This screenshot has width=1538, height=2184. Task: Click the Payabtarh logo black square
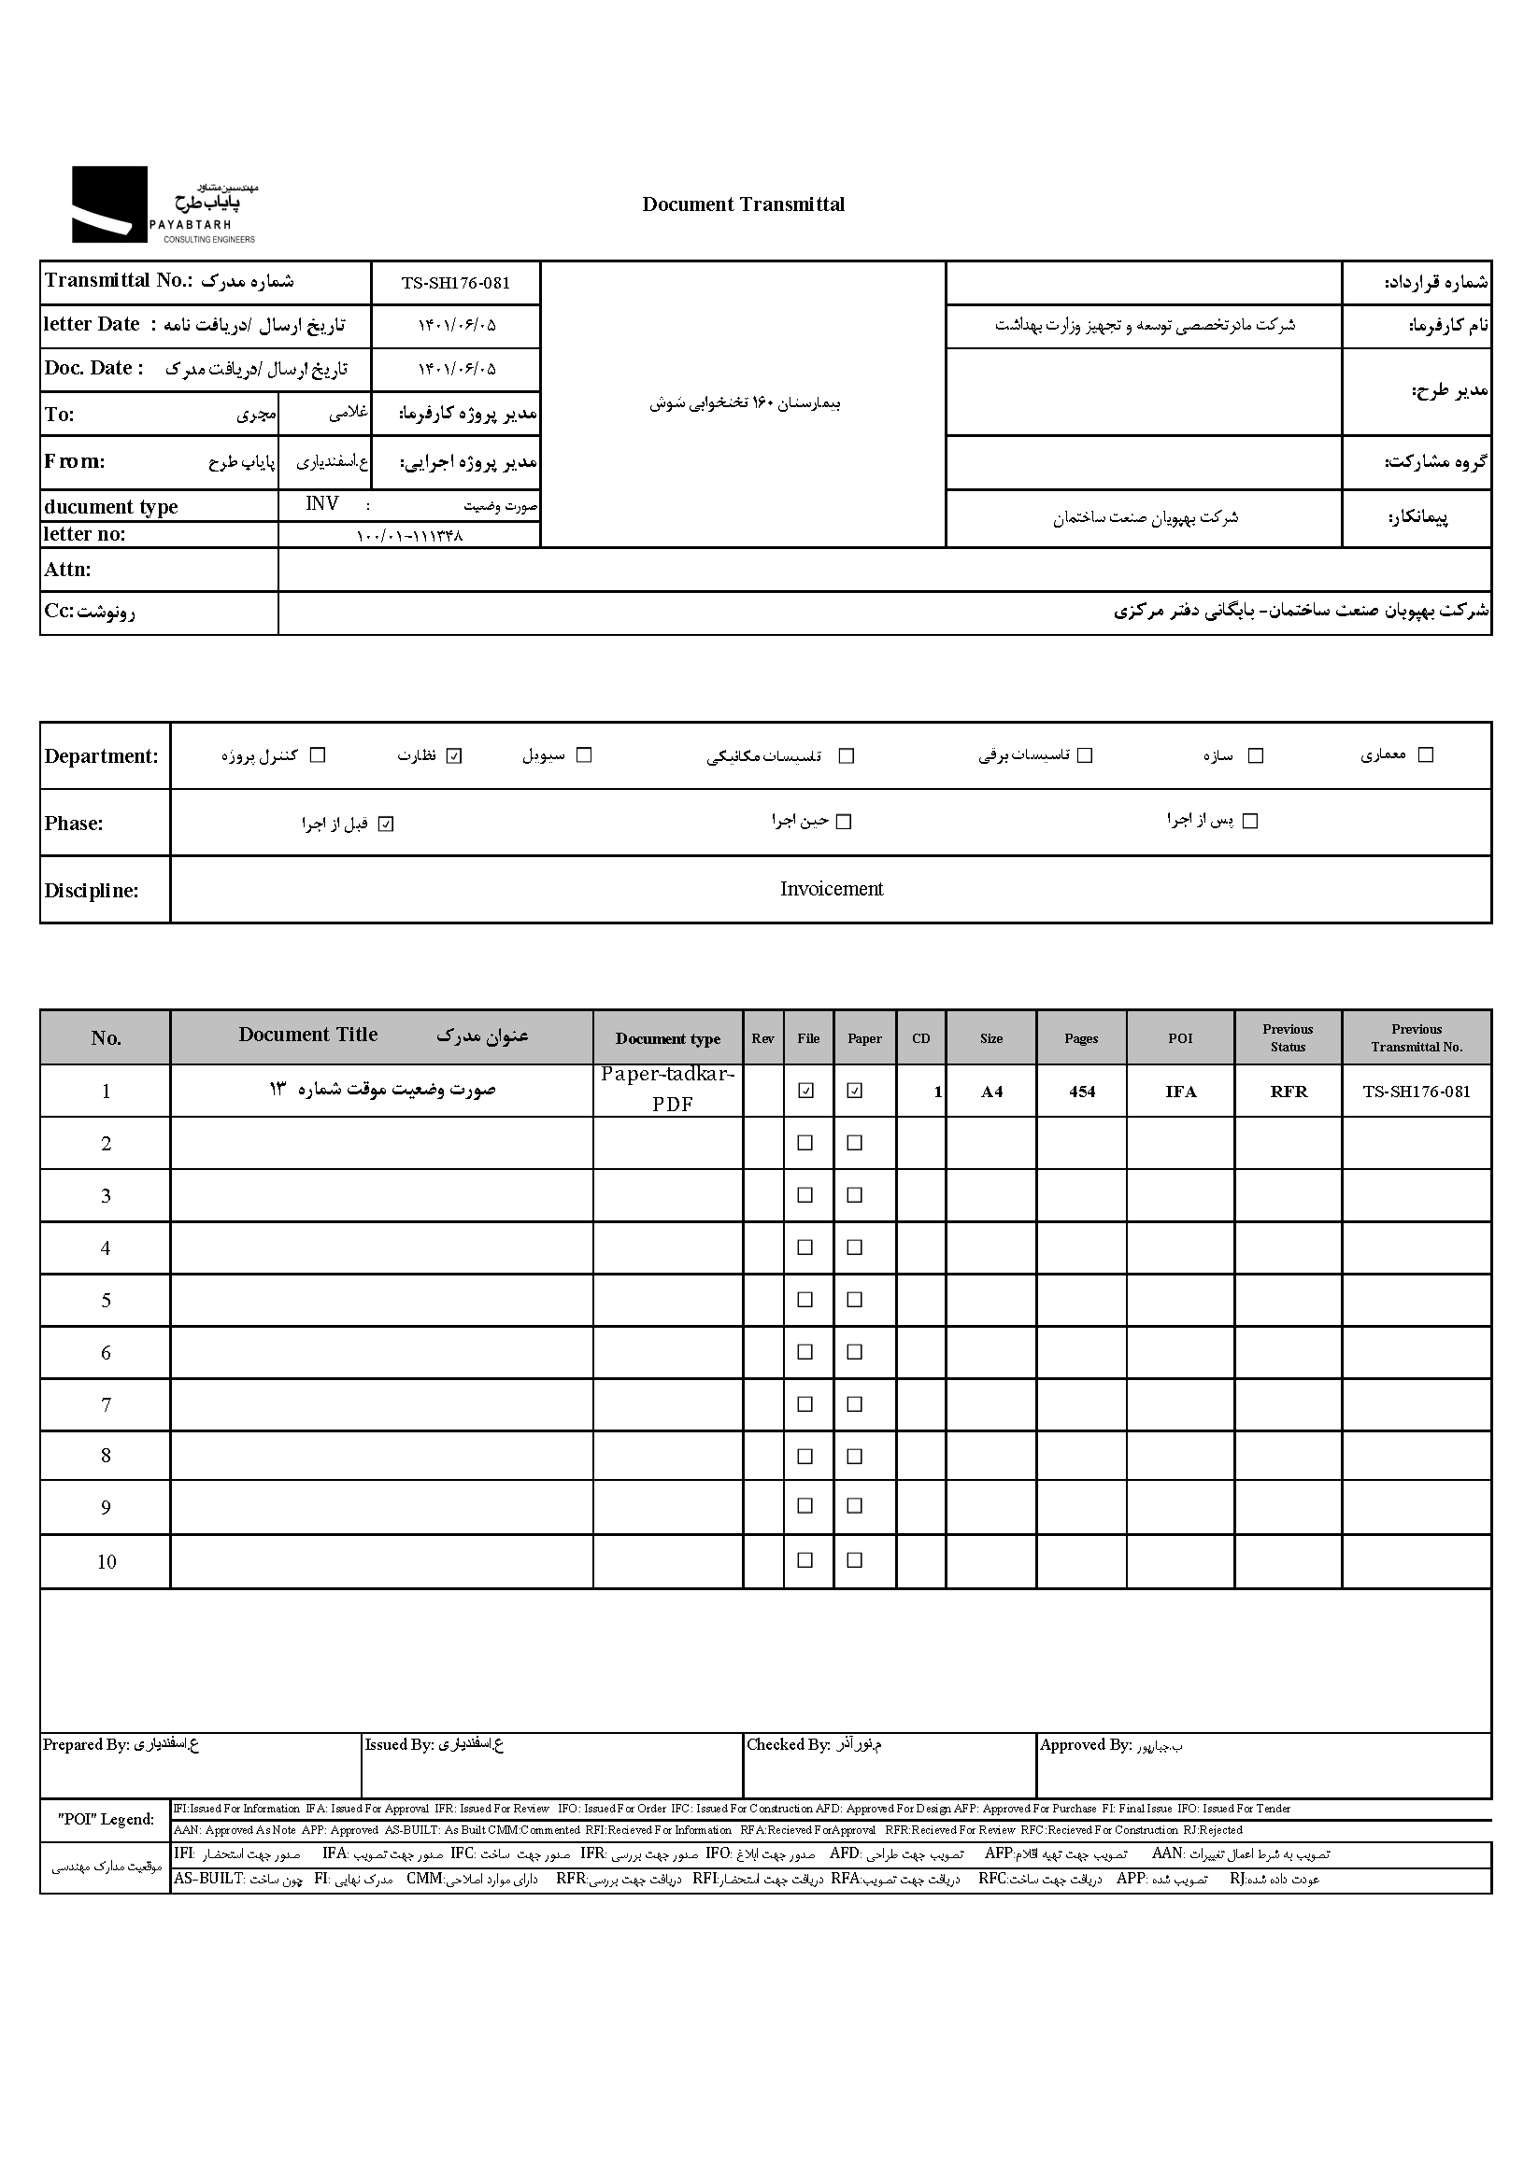(109, 204)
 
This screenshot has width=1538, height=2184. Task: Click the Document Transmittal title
(742, 204)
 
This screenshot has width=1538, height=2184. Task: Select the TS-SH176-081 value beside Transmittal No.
(455, 283)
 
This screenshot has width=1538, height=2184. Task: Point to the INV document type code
(321, 503)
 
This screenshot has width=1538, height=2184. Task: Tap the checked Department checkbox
(454, 756)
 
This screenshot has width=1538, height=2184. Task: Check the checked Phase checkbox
(386, 824)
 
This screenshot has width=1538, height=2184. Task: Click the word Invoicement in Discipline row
(831, 888)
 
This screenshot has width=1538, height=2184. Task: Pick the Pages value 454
(1081, 1091)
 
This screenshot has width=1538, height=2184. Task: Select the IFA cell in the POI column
(1180, 1091)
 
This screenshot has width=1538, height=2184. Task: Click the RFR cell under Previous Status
(1288, 1091)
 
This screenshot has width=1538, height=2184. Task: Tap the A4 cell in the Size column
(990, 1091)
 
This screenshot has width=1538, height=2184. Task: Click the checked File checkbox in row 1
(806, 1091)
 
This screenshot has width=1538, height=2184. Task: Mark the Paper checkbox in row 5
(855, 1300)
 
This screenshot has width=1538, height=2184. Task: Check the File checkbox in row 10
(805, 1560)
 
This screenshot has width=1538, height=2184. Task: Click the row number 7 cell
(106, 1405)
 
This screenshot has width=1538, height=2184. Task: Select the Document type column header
(667, 1038)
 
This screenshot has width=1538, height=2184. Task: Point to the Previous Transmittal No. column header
(1417, 1037)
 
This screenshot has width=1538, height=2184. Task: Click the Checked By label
(788, 1744)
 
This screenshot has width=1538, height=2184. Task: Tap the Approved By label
(1085, 1744)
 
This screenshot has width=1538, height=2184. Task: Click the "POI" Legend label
(105, 1819)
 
